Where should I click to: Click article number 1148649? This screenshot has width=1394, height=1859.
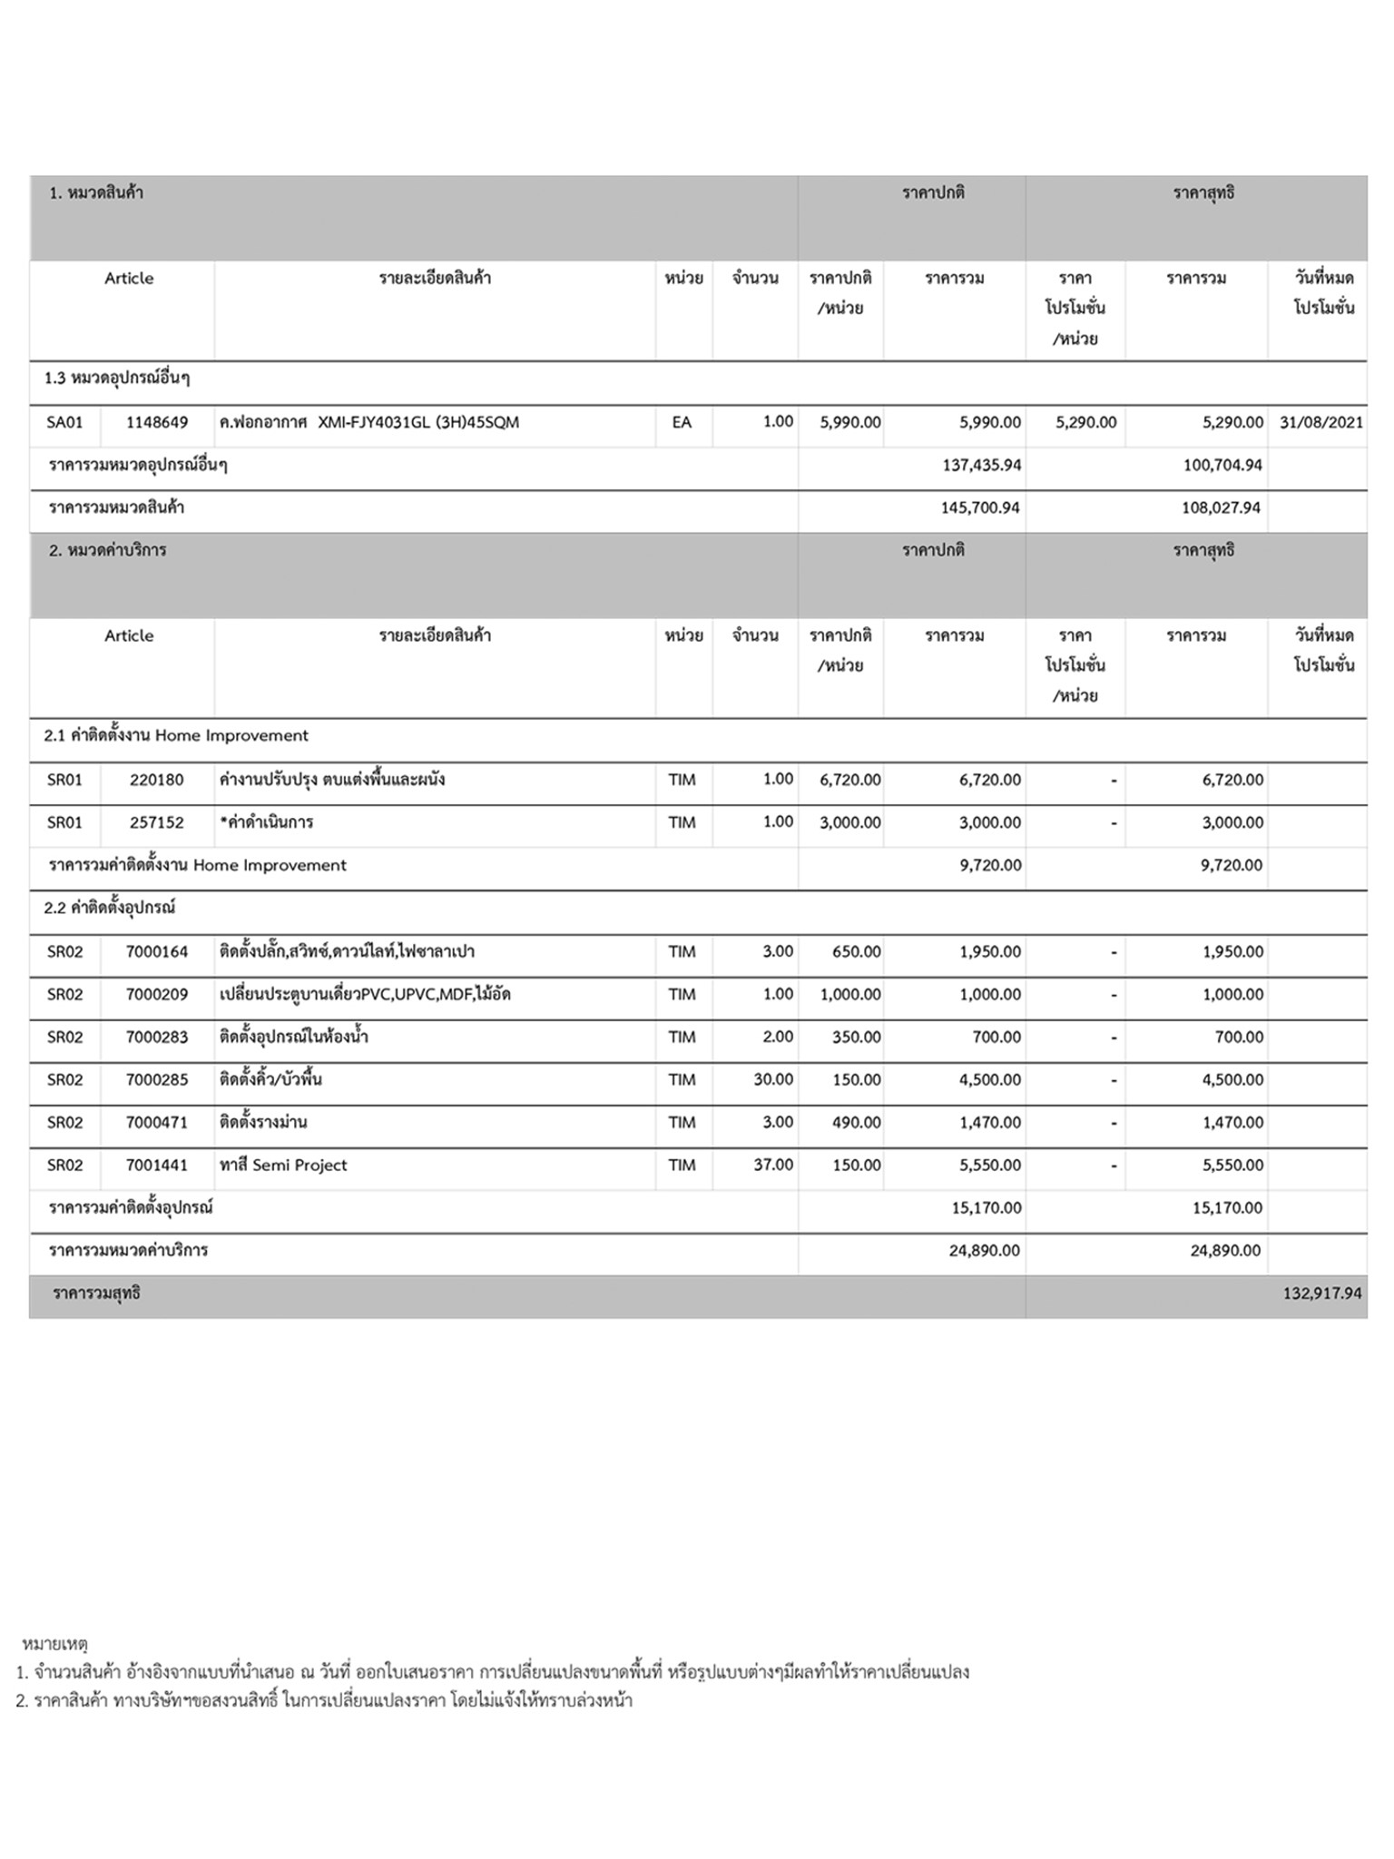pyautogui.click(x=157, y=422)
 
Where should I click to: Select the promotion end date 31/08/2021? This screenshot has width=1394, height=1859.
pyautogui.click(x=1320, y=422)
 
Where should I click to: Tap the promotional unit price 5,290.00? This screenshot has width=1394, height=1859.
pyautogui.click(x=1085, y=422)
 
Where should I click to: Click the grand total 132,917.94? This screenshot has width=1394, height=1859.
pyautogui.click(x=1321, y=1293)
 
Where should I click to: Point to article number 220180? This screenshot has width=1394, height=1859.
pyautogui.click(x=156, y=780)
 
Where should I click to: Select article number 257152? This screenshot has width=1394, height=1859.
pyautogui.click(x=156, y=822)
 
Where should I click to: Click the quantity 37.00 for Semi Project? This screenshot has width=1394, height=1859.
pyautogui.click(x=773, y=1165)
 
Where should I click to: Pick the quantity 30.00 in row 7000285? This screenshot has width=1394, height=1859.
pyautogui.click(x=773, y=1079)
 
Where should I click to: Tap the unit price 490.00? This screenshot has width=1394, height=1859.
pyautogui.click(x=856, y=1122)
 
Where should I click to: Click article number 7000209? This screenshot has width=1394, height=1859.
pyautogui.click(x=157, y=994)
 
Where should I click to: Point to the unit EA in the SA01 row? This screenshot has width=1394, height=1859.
pyautogui.click(x=682, y=422)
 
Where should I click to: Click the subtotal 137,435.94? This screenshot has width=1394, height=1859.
pyautogui.click(x=981, y=465)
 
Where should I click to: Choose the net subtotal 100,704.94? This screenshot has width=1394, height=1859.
pyautogui.click(x=1222, y=465)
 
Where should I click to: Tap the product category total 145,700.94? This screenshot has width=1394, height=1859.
pyautogui.click(x=980, y=507)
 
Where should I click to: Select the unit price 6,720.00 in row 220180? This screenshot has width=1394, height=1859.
pyautogui.click(x=849, y=780)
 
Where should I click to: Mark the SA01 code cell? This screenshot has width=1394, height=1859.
pyautogui.click(x=64, y=422)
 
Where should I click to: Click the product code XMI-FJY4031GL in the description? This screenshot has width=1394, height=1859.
pyautogui.click(x=373, y=422)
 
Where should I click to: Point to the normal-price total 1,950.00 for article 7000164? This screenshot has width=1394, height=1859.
pyautogui.click(x=989, y=952)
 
